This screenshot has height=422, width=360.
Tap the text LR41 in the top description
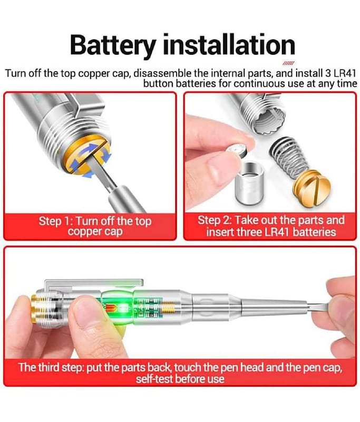[x=344, y=73]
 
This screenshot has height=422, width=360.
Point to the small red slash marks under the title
[x=288, y=63]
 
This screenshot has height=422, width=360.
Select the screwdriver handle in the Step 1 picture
[x=127, y=200]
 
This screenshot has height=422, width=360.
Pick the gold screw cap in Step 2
[x=313, y=188]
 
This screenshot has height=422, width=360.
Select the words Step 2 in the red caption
[x=215, y=220]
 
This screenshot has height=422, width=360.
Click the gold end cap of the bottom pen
[x=34, y=309]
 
